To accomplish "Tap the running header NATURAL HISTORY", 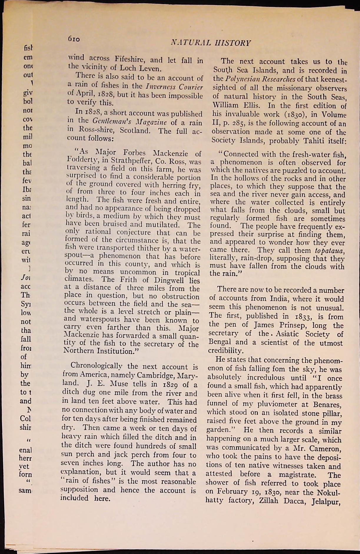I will click(211, 43).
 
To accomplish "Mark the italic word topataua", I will click(328, 251).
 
